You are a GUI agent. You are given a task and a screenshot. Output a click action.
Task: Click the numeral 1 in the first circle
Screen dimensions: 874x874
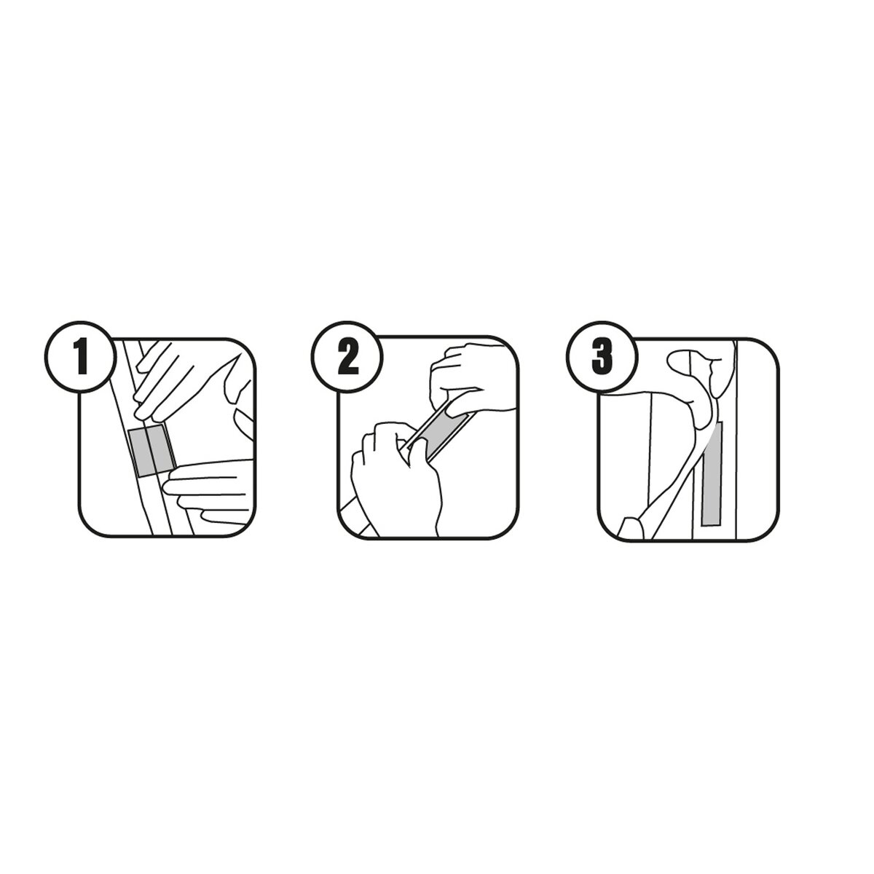[81, 358]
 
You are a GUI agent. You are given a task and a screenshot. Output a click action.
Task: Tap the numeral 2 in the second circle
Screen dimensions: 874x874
[348, 358]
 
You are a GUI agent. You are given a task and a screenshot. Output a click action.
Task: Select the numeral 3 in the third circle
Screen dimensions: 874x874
[602, 358]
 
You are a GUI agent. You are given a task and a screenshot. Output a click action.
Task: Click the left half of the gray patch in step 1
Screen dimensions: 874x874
[141, 452]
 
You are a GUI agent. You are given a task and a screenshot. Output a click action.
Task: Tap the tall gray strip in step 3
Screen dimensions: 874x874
[712, 474]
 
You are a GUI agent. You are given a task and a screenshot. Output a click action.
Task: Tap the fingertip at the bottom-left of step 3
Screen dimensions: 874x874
[631, 528]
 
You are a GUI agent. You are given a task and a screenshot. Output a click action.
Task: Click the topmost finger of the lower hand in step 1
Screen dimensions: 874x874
[208, 470]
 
